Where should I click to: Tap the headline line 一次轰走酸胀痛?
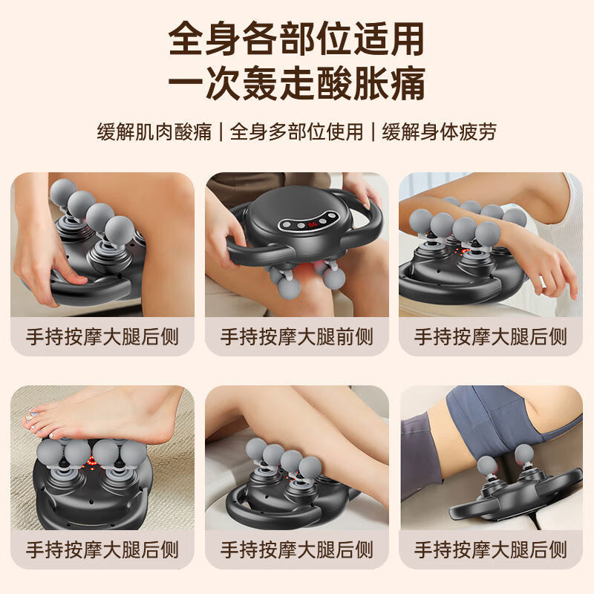(x=297, y=84)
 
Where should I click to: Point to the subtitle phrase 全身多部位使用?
(x=297, y=132)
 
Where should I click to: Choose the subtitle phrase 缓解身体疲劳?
(x=440, y=132)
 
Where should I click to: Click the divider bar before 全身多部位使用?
(x=221, y=132)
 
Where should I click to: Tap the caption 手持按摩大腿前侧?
(x=297, y=336)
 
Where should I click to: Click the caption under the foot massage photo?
(x=102, y=549)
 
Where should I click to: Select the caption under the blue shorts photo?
(x=491, y=549)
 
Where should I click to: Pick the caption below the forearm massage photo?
(x=491, y=336)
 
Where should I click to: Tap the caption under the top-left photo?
(x=102, y=336)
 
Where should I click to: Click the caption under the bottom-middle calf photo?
(x=297, y=549)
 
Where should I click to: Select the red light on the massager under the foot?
(x=91, y=466)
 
